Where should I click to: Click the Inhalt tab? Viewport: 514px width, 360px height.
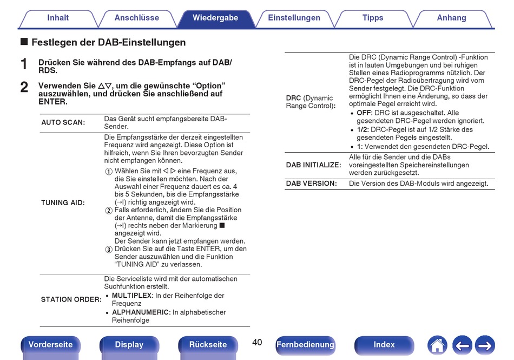point(58,18)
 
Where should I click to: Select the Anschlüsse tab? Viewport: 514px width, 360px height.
point(137,18)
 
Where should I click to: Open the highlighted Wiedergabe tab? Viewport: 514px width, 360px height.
point(215,18)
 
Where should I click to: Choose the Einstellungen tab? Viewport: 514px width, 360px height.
point(294,18)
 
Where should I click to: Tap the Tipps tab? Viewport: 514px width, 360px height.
point(373,18)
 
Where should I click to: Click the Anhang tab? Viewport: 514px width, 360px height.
point(451,18)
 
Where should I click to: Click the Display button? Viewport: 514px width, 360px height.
point(129,345)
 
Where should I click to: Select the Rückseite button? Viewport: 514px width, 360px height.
point(208,345)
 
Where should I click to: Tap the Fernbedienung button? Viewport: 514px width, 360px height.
point(305,345)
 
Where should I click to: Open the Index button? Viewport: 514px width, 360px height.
point(384,345)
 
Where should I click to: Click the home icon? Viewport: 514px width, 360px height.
point(437,345)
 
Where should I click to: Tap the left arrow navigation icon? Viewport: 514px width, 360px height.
point(462,345)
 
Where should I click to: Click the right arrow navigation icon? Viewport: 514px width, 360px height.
point(485,345)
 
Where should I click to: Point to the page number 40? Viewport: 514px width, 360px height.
point(257,343)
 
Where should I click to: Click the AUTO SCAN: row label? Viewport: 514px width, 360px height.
point(63,123)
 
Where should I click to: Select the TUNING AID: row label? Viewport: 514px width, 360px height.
point(63,203)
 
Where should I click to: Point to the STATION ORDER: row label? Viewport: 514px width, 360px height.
point(71,300)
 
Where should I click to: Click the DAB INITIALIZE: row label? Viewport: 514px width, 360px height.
point(313,165)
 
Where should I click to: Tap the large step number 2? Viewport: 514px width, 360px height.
point(24,87)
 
